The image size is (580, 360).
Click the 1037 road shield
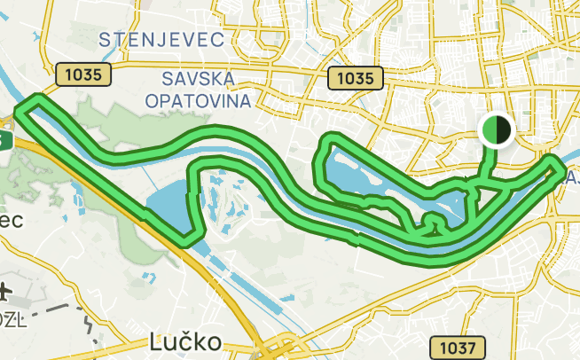457,347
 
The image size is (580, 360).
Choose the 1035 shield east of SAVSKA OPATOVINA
355,78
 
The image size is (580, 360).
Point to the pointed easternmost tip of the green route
561,166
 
